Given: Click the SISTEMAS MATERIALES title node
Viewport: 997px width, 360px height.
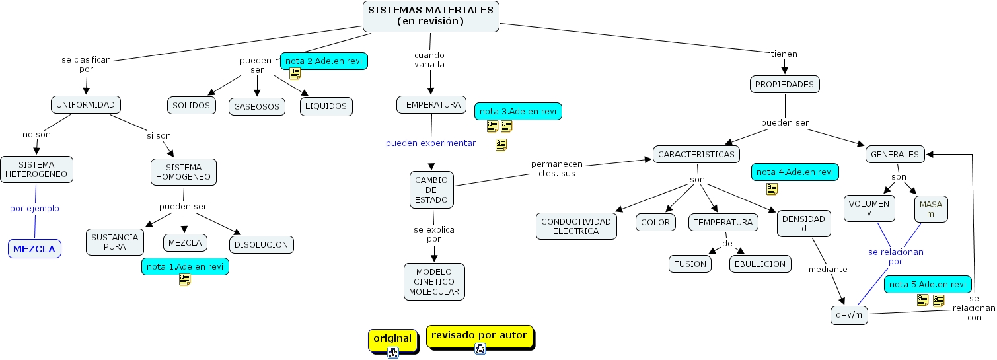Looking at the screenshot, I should [x=431, y=16].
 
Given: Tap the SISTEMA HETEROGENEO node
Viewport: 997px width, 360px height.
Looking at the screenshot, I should [x=36, y=170].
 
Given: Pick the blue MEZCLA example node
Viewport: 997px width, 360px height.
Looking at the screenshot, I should [x=34, y=249].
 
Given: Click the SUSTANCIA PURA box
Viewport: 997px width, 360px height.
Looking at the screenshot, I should [x=115, y=242].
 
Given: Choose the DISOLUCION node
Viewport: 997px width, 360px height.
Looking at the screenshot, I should [x=261, y=244].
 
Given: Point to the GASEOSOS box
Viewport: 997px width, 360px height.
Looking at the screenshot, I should [x=257, y=106].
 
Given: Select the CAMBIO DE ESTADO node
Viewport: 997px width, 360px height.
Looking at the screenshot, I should [x=431, y=190].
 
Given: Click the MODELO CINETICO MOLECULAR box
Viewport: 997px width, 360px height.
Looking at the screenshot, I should [x=433, y=281].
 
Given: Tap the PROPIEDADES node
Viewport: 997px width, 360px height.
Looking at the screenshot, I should [x=785, y=85].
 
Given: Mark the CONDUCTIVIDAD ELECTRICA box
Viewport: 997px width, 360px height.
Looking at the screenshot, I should [x=576, y=226].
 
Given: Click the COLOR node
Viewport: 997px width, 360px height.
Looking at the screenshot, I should [x=655, y=223].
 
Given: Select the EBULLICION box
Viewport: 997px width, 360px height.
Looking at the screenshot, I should [x=760, y=264].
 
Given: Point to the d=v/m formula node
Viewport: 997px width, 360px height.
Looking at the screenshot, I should [x=849, y=315].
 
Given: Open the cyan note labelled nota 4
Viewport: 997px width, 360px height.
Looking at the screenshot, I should [x=794, y=172].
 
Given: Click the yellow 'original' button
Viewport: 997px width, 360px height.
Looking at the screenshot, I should [x=392, y=339].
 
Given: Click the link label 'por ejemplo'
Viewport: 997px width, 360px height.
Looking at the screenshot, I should [x=34, y=209].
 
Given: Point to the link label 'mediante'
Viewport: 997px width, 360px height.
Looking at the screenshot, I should [x=828, y=269].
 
